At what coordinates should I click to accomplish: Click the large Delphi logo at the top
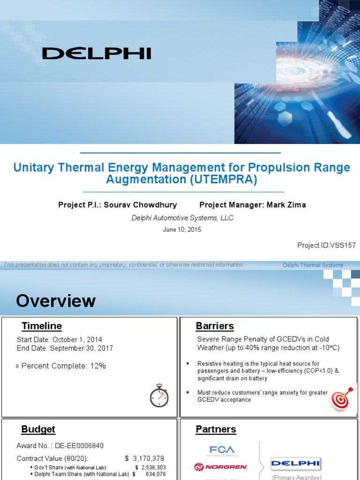coord(97,53)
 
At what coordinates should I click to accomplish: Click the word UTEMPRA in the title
coord(228,180)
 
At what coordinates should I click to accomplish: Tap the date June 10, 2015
coord(181,230)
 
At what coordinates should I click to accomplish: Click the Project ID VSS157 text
coord(326,245)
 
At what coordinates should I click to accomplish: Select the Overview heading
coord(56,301)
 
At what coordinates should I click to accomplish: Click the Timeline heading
coord(42,326)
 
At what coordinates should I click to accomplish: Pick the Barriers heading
coord(215,326)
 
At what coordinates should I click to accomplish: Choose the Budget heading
coord(38,429)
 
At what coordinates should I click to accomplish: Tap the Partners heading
coord(216,429)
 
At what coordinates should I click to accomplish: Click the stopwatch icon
coord(159,396)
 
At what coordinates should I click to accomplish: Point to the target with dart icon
coord(341,399)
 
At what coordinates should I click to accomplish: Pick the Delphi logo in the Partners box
coord(296,463)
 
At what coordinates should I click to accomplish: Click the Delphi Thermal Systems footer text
coord(313,265)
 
